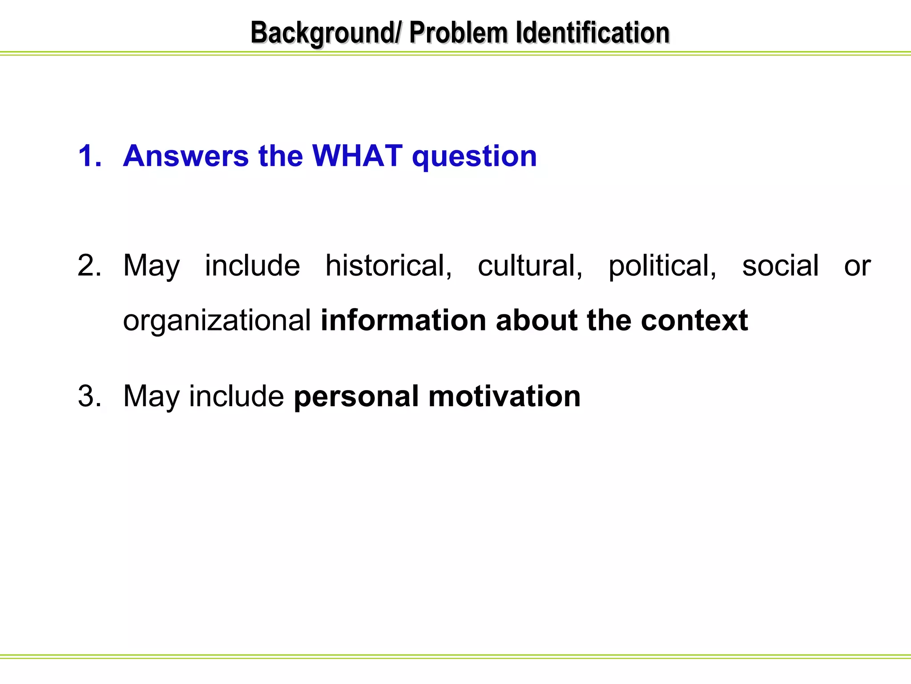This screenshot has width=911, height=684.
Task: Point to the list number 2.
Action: [89, 266]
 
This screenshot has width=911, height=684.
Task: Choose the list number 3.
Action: [89, 396]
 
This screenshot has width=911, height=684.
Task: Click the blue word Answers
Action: [186, 156]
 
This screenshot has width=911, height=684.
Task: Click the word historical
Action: [389, 266]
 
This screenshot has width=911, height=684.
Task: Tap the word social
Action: [780, 266]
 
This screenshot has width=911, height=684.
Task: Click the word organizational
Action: [217, 321]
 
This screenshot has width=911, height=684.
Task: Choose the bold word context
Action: [694, 320]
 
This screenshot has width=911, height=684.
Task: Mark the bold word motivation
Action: [504, 396]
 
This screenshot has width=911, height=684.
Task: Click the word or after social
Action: [857, 266]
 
